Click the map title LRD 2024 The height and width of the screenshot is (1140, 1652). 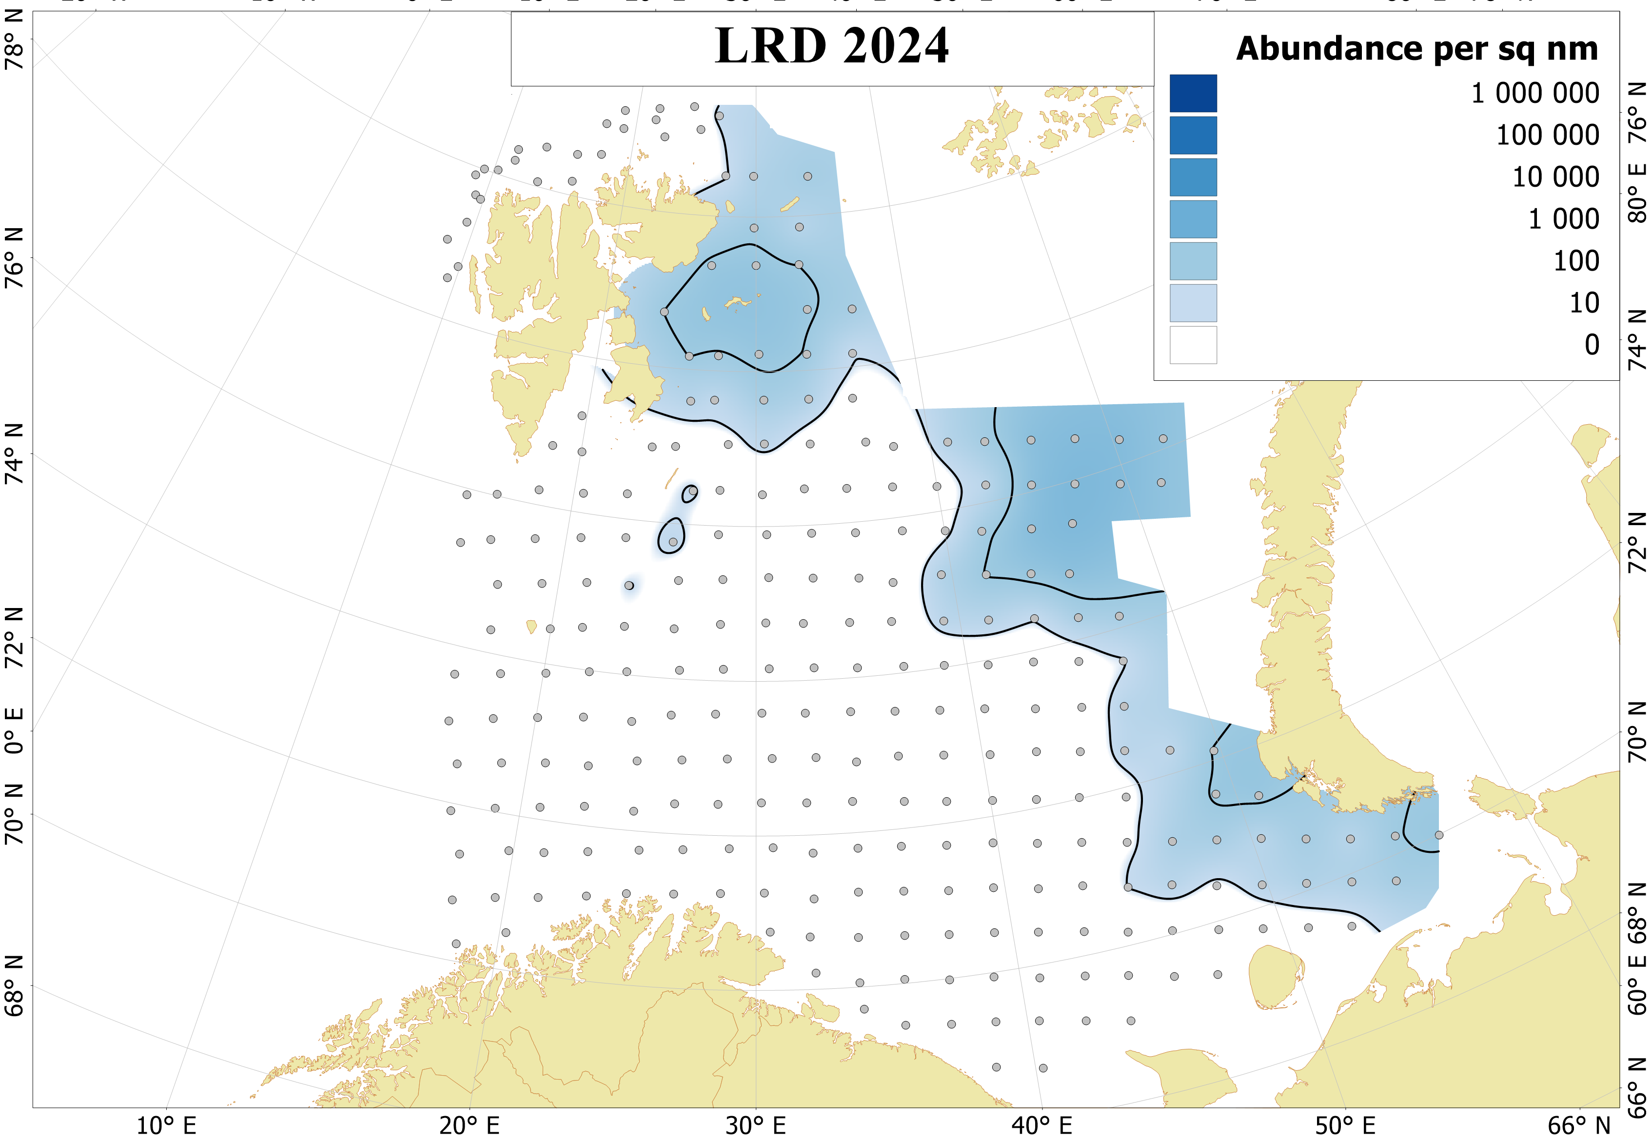point(831,46)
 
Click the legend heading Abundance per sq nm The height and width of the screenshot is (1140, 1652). point(1416,49)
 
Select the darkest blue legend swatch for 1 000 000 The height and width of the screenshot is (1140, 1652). point(1193,94)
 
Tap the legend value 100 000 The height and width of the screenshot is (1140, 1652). point(1547,135)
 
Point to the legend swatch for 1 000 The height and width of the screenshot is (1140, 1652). point(1193,219)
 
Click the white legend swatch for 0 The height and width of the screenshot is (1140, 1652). point(1193,345)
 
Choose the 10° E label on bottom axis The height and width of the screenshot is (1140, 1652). point(166,1126)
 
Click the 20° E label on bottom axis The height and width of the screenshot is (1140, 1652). point(469,1126)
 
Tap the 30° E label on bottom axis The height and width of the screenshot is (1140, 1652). point(756,1126)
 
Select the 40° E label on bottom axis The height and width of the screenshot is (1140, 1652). point(1042,1126)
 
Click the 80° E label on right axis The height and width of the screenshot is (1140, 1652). point(1637,193)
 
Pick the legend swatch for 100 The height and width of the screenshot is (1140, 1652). point(1193,261)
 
